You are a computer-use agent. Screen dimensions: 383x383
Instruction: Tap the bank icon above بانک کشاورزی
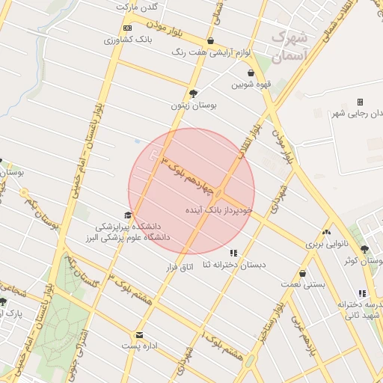(126, 28)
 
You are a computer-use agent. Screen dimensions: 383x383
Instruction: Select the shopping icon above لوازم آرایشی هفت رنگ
(211, 41)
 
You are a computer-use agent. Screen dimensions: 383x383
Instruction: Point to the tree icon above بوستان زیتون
(194, 94)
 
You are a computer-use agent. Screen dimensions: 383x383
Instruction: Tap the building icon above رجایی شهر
(360, 102)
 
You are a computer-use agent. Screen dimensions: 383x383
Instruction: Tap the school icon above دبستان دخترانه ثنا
(233, 253)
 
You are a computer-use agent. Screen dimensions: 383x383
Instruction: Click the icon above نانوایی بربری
(326, 233)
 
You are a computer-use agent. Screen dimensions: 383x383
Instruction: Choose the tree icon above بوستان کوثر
(364, 250)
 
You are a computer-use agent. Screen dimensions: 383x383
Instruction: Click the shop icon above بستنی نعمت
(302, 274)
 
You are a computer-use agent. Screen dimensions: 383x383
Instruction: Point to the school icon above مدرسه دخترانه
(362, 294)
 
